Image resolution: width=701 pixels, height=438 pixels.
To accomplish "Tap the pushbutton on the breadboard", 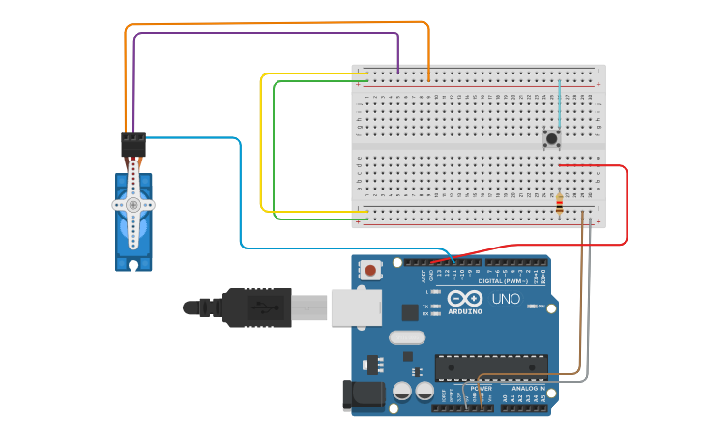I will pyautogui.click(x=552, y=139).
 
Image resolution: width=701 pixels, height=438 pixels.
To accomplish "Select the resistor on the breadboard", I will pyautogui.click(x=560, y=203).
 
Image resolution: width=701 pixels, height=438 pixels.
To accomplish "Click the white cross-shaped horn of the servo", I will pyautogui.click(x=133, y=205).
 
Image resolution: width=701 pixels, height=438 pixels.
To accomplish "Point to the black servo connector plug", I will pyautogui.click(x=133, y=144).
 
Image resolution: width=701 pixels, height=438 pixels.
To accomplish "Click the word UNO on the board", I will pyautogui.click(x=506, y=299).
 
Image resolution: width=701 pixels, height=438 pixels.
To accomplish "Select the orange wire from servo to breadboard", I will pyautogui.click(x=280, y=23).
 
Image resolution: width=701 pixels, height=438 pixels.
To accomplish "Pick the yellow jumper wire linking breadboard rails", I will pyautogui.click(x=262, y=145).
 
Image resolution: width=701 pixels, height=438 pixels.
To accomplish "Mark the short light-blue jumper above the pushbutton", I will pyautogui.click(x=559, y=102).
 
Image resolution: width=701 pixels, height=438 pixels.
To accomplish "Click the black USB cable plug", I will pyautogui.click(x=256, y=307).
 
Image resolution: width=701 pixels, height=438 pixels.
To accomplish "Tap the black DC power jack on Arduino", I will pyautogui.click(x=361, y=395).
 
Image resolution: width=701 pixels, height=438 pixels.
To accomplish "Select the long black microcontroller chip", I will pyautogui.click(x=491, y=366).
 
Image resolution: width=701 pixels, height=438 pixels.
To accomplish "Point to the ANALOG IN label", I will pyautogui.click(x=528, y=388).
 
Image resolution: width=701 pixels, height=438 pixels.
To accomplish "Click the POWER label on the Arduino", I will pyautogui.click(x=481, y=388).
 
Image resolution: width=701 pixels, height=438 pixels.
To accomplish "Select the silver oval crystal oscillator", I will pyautogui.click(x=407, y=337).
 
